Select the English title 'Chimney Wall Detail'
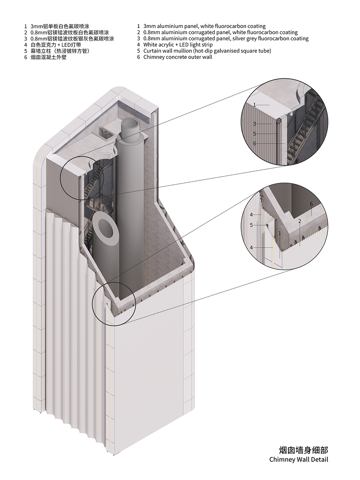pyautogui.click(x=299, y=459)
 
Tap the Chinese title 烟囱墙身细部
pyautogui.click(x=303, y=450)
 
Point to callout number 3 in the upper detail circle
pyautogui.click(x=254, y=124)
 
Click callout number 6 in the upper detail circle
pyautogui.click(x=254, y=143)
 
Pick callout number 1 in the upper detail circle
pyautogui.click(x=254, y=105)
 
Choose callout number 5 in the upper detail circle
pyautogui.click(x=254, y=134)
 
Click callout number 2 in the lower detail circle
pyautogui.click(x=300, y=221)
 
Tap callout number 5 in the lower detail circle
pyautogui.click(x=251, y=225)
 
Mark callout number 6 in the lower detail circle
pyautogui.click(x=311, y=204)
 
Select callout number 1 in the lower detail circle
pyautogui.click(x=280, y=233)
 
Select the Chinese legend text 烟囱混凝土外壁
pyautogui.click(x=49, y=57)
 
